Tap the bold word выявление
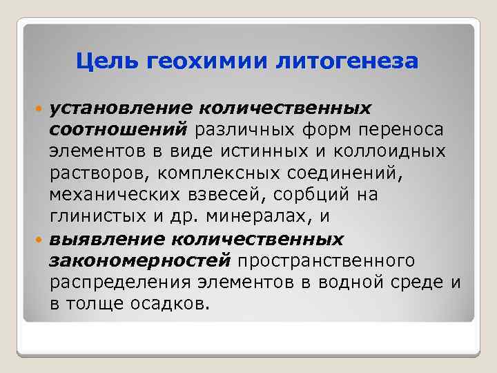point(104,238)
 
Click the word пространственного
point(326,260)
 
